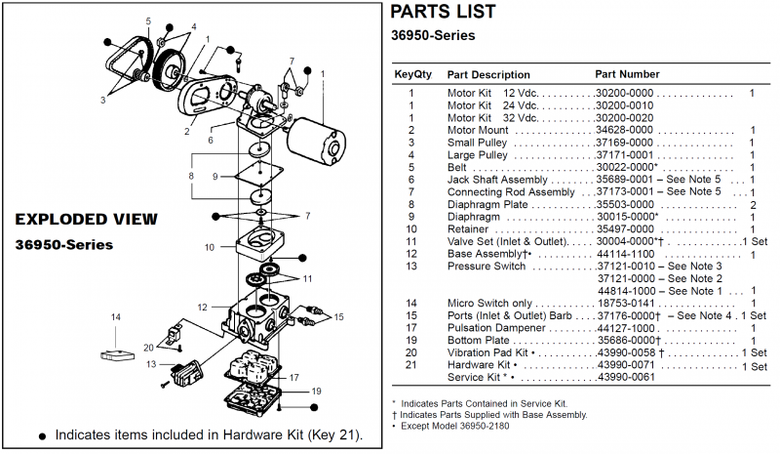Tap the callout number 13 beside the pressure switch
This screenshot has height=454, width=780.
150,364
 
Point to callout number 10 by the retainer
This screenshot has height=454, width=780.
210,247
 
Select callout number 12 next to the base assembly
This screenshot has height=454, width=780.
203,308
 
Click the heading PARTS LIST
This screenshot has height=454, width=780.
443,12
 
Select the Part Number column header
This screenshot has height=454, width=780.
627,74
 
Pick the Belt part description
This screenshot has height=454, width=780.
458,167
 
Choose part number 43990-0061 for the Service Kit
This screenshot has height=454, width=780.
624,377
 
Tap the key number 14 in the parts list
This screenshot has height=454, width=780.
411,303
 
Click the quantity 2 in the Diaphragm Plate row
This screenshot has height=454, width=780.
753,204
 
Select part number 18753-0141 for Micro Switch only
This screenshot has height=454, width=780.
624,303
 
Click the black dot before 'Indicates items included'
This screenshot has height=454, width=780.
41,435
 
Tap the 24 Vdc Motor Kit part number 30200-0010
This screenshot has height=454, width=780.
624,105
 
